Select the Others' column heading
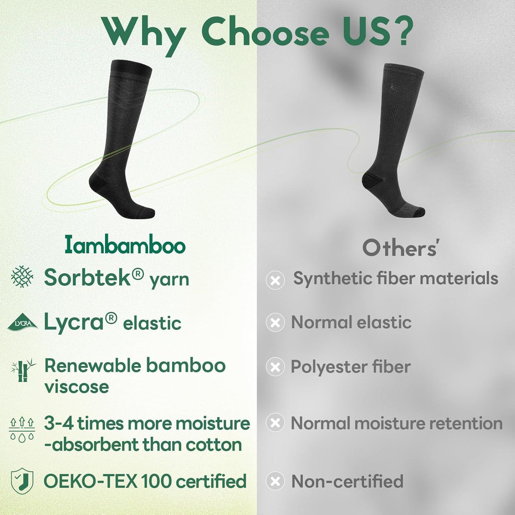[400, 248]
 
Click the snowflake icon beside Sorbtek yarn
[22, 276]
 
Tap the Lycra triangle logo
[22, 322]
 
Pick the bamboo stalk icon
[22, 370]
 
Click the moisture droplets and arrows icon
[22, 429]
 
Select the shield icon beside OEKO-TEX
[22, 481]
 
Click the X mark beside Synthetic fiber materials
[275, 280]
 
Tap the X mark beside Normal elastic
[275, 322]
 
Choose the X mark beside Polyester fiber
[275, 367]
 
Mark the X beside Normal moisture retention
[275, 423]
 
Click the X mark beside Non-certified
[275, 481]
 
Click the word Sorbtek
[88, 277]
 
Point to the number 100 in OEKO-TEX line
[157, 481]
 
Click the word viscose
[77, 387]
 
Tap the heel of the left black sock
[98, 182]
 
